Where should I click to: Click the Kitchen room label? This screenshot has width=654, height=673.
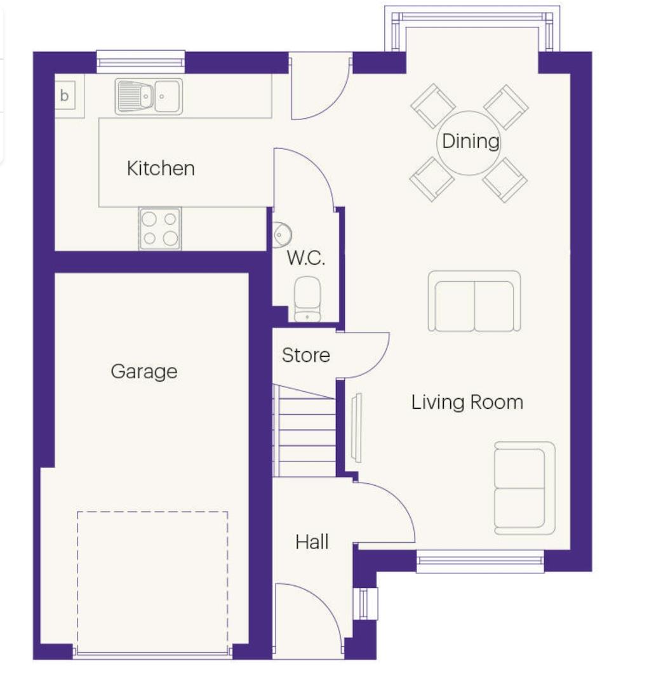tap(161, 168)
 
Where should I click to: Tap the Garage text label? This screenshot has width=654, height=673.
tap(144, 371)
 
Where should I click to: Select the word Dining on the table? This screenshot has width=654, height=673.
tap(470, 141)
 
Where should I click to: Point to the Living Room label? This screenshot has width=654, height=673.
tap(467, 402)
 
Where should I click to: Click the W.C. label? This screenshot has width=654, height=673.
tap(306, 258)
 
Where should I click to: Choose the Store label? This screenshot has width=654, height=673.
tap(306, 355)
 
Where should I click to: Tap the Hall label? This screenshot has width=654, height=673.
tap(312, 542)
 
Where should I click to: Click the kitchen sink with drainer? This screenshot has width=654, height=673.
tap(149, 97)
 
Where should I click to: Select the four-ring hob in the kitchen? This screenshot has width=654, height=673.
tap(160, 229)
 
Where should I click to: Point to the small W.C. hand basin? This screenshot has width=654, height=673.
tap(279, 234)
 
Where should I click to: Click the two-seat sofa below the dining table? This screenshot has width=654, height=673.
tap(474, 301)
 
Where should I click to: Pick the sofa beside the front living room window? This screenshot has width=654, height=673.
tap(524, 488)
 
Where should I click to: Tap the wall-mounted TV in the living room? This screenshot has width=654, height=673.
tap(357, 428)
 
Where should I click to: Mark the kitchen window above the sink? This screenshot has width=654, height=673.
tap(140, 62)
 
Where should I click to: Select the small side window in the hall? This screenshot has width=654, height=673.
tap(366, 603)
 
